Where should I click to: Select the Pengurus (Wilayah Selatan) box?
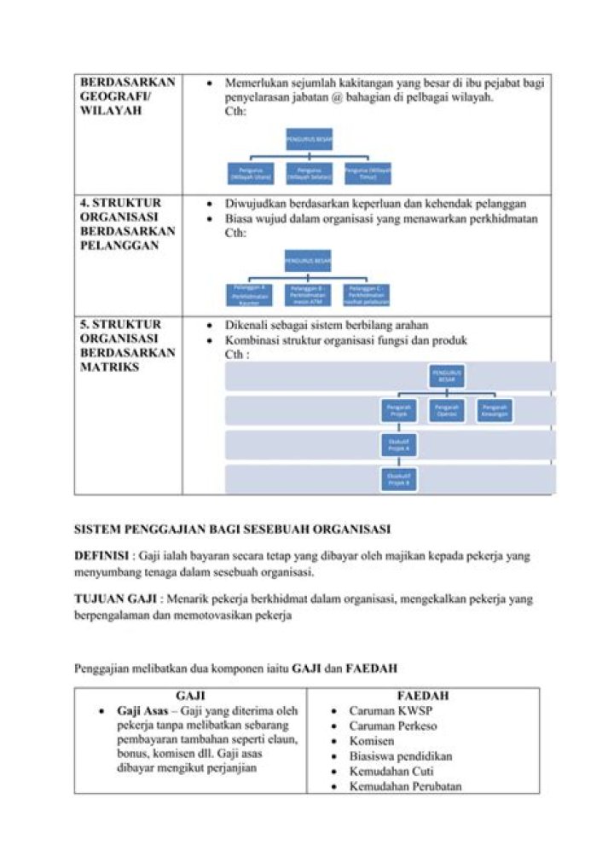[x=309, y=172]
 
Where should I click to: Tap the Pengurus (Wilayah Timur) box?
[x=368, y=172]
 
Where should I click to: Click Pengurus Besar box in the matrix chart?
[x=447, y=376]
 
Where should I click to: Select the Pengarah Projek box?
[x=398, y=411]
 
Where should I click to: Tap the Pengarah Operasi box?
[x=447, y=411]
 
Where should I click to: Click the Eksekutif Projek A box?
[x=398, y=444]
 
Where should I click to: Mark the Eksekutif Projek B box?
[x=398, y=478]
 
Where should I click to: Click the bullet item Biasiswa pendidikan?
[x=400, y=756]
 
